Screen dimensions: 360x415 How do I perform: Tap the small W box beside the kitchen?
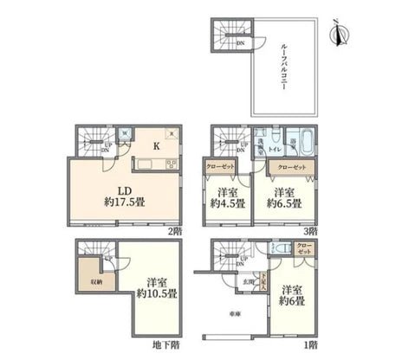pyautogui.click(x=126, y=133)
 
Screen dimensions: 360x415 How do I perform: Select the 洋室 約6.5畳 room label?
pyautogui.click(x=284, y=198)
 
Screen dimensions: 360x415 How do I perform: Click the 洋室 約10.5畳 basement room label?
pyautogui.click(x=159, y=288)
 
